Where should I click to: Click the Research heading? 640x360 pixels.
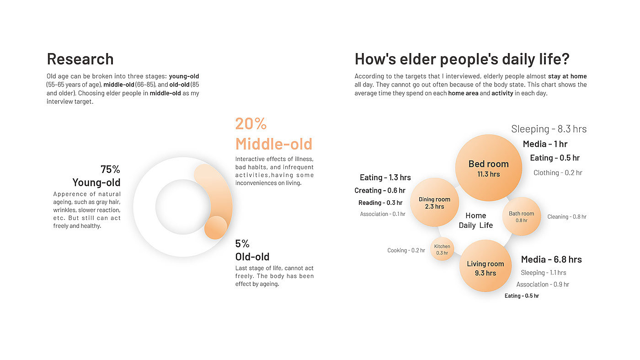(x=80, y=59)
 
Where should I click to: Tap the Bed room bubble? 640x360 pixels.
(x=489, y=168)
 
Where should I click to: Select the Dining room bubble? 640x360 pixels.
(x=435, y=202)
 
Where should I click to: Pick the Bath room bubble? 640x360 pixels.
(x=522, y=216)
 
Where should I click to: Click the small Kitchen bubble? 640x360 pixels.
(x=442, y=249)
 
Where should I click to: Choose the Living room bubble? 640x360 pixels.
(x=485, y=266)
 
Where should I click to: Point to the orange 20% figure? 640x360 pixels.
(x=251, y=124)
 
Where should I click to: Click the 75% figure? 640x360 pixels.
(x=110, y=169)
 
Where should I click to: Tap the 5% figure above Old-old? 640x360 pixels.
(x=242, y=244)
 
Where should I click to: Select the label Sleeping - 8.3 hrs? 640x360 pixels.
(x=549, y=129)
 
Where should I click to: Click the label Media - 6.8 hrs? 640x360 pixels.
(x=551, y=259)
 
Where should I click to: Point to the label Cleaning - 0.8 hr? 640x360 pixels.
(x=567, y=217)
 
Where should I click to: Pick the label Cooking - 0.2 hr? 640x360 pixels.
(x=406, y=251)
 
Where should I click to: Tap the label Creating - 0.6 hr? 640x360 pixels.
(x=380, y=190)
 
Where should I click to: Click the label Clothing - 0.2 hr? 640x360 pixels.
(x=558, y=173)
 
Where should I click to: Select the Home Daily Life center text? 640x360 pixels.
(x=476, y=220)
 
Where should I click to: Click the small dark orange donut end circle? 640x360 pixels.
(x=216, y=228)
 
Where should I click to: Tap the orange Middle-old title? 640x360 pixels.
(x=274, y=144)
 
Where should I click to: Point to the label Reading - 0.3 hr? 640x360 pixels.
(x=380, y=203)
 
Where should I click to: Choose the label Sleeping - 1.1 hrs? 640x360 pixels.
(x=544, y=273)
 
